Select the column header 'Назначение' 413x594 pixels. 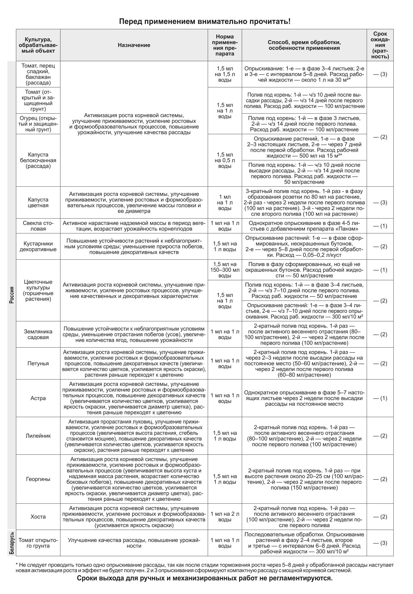[x=134, y=45]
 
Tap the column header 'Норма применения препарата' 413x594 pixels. [x=225, y=45]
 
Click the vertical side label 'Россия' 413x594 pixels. [x=12, y=295]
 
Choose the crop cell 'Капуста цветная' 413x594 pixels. [x=38, y=202]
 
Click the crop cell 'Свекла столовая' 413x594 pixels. [x=38, y=226]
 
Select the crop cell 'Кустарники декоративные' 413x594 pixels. [x=38, y=246]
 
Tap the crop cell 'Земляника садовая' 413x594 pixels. [x=38, y=334]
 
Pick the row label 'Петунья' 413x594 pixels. [x=38, y=364]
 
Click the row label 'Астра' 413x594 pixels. [x=38, y=398]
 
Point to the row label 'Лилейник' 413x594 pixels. [x=38, y=436]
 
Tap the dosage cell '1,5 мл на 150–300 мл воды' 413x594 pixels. [x=225, y=270]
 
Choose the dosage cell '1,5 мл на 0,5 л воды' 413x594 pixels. [x=225, y=160]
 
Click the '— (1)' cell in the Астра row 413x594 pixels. [x=380, y=398]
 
